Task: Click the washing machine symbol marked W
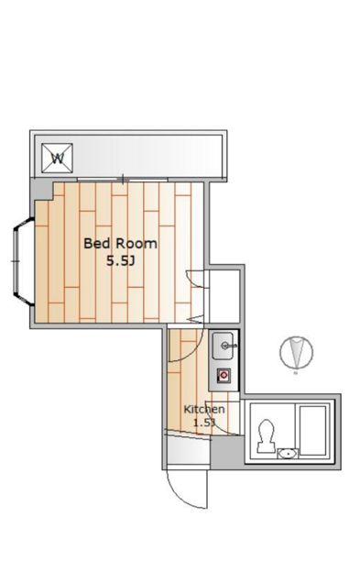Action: click(x=57, y=159)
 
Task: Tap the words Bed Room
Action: click(x=120, y=244)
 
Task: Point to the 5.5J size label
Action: click(x=120, y=261)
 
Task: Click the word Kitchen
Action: click(x=204, y=410)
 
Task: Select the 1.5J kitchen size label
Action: click(x=204, y=423)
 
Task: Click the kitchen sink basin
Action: click(x=223, y=346)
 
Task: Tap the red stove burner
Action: click(x=224, y=376)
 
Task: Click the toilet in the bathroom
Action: click(x=266, y=436)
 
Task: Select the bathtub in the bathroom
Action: click(x=312, y=430)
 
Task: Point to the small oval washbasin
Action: click(x=288, y=454)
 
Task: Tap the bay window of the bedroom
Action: click(x=23, y=261)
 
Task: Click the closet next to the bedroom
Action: click(x=224, y=296)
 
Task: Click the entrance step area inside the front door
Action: click(x=189, y=451)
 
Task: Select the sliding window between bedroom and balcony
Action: click(x=123, y=180)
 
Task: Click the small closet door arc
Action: click(x=194, y=279)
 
